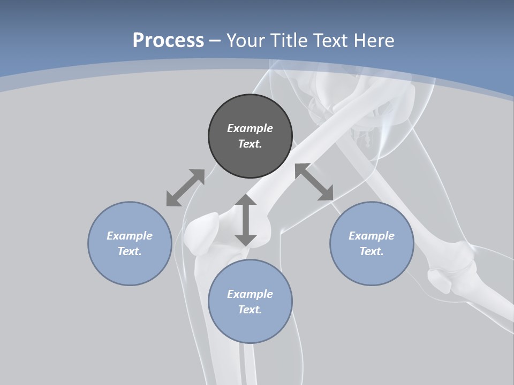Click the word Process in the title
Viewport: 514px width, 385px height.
168,41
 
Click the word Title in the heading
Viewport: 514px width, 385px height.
289,41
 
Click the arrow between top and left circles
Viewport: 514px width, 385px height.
185,188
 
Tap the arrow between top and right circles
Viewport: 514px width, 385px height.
314,182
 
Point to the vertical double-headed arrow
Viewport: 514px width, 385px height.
246,220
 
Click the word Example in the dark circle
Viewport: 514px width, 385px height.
250,128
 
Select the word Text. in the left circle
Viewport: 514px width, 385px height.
130,251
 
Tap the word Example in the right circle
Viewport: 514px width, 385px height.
372,236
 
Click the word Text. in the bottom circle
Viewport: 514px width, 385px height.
250,310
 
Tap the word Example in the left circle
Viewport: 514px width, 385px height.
130,236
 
